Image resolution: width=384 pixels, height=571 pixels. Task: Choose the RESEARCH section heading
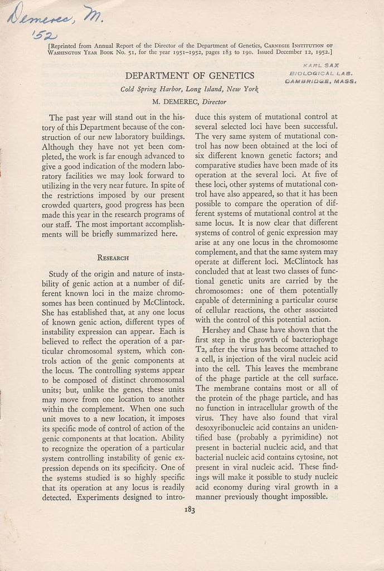[x=113, y=258]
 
